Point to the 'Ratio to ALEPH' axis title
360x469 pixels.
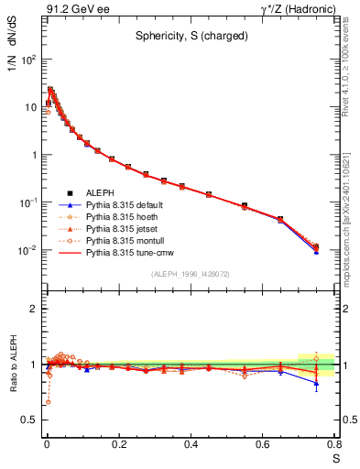pos(12,364)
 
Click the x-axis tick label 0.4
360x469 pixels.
pos(191,444)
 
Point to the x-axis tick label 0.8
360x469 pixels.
pos(336,444)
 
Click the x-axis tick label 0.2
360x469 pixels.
pos(118,444)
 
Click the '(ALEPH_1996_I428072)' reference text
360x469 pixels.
pos(191,274)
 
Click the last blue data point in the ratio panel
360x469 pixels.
pos(316,383)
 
